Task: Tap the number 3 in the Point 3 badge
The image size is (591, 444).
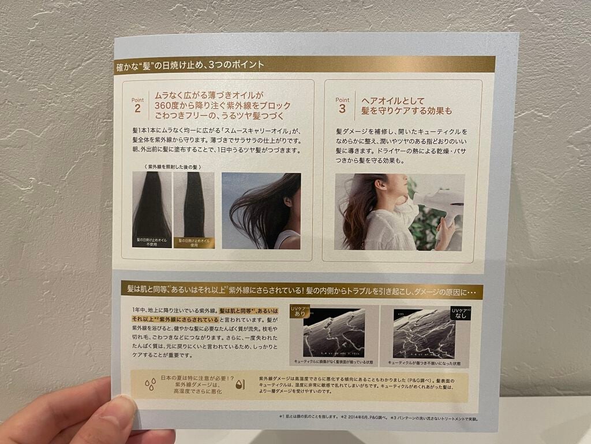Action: point(342,108)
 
